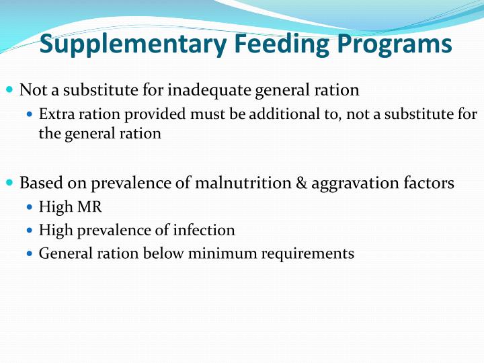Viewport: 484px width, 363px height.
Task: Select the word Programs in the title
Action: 392,45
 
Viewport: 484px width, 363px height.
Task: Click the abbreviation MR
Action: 89,208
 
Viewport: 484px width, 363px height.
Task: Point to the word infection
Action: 204,231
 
